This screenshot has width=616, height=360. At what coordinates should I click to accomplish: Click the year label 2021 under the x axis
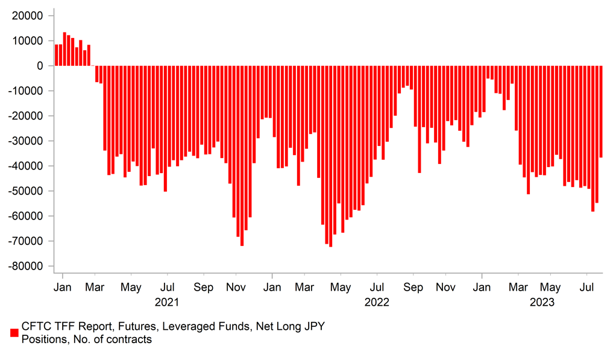coord(167,302)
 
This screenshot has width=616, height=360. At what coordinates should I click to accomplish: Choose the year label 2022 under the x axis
coord(377,302)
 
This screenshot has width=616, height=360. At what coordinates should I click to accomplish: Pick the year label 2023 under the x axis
coord(542,302)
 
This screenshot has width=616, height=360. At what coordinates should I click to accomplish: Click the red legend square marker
coord(14,333)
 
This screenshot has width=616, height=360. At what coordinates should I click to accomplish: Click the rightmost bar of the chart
coord(601,112)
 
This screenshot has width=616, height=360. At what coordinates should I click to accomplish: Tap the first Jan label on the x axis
coord(63,288)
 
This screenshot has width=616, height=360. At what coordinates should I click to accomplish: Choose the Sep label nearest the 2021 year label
coord(203,288)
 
